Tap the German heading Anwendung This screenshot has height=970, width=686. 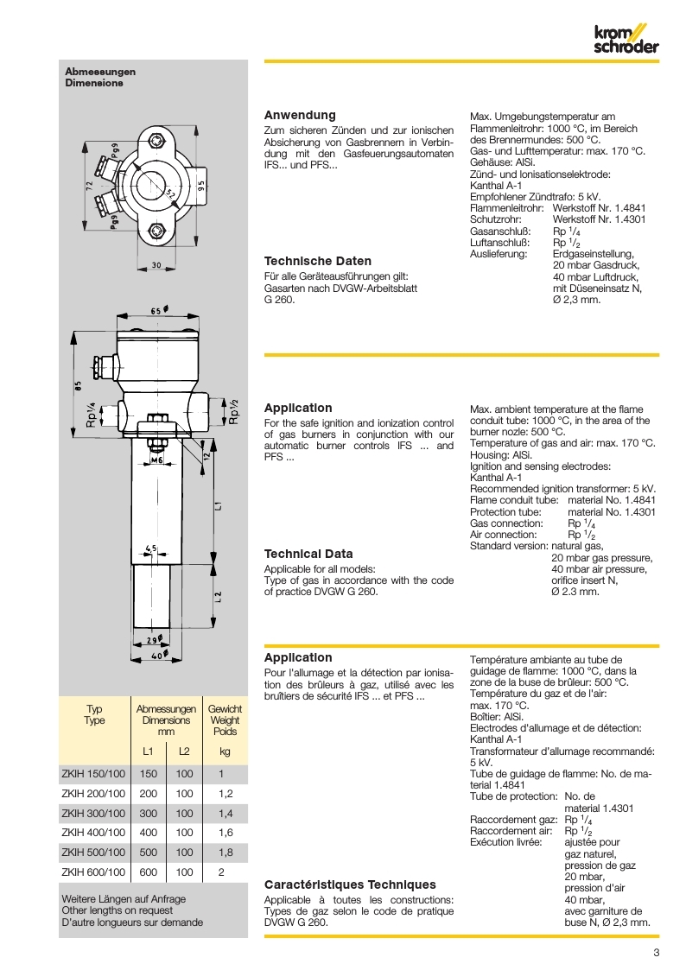coord(299,115)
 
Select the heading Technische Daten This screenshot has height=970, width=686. coord(317,261)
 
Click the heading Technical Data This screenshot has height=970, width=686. coord(308,554)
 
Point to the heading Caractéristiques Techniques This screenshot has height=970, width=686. coord(349,884)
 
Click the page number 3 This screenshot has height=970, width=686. coord(656,953)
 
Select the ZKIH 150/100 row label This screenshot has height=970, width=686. coord(93,773)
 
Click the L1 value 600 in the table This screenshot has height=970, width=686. coord(149,872)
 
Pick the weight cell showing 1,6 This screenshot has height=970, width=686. coord(225,833)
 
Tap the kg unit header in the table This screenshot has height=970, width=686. coord(225,751)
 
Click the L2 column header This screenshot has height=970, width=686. coord(184,751)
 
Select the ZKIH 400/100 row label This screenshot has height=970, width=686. coord(93,833)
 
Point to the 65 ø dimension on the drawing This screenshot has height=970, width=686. coord(158,310)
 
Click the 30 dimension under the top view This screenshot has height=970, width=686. coord(156,265)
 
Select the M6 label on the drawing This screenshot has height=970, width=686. coord(157,460)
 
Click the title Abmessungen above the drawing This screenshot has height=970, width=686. coord(100,72)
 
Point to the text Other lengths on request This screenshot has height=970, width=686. coord(117,910)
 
